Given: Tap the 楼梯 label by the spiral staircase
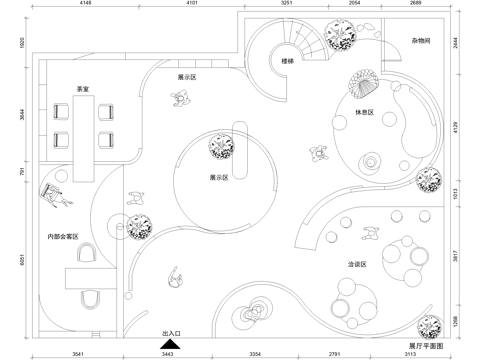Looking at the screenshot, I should [x=287, y=61].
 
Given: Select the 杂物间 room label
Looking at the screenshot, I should [x=420, y=41].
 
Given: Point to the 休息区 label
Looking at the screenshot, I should [x=364, y=113].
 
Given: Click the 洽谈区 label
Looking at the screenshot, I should [x=358, y=264].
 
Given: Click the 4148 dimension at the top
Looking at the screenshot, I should [x=84, y=5].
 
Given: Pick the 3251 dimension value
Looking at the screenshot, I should [x=288, y=5].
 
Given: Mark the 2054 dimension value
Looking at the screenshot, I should [x=355, y=5].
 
